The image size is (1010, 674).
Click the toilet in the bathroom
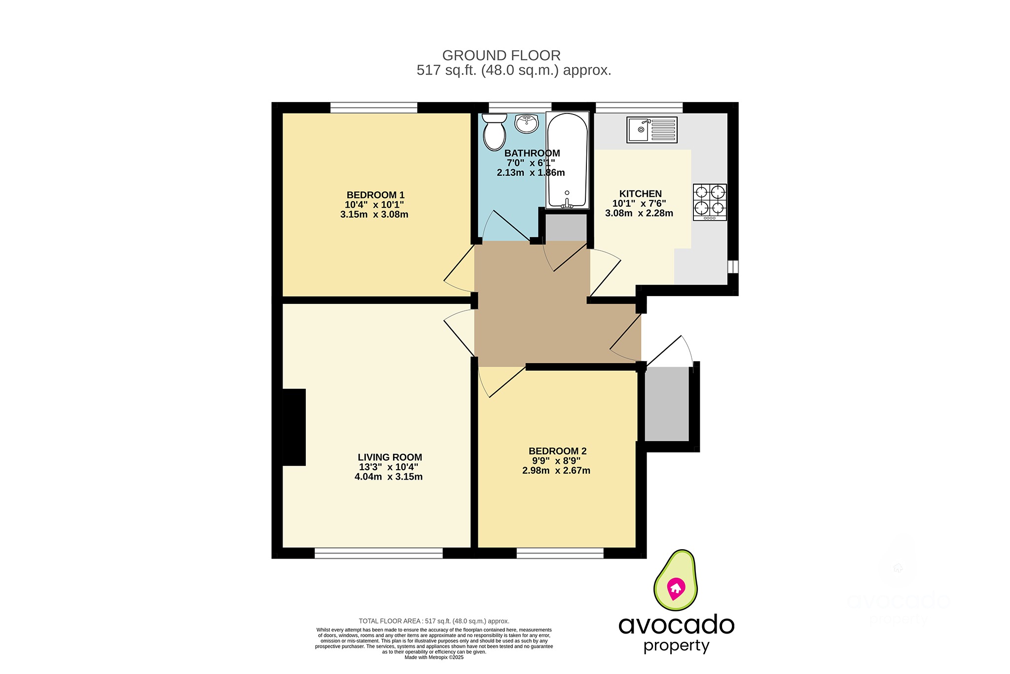[x=494, y=133]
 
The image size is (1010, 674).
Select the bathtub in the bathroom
[x=567, y=160]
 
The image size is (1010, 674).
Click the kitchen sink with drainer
[x=651, y=130]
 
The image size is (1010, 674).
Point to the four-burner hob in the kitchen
[x=710, y=202]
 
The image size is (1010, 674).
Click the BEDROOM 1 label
[x=375, y=195]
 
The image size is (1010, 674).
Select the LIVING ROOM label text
[x=390, y=457]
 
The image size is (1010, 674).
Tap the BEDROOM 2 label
[x=557, y=451]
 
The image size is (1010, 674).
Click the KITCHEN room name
[x=640, y=194]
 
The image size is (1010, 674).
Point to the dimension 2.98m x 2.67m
[x=556, y=471]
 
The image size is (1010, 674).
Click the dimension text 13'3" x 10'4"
[x=389, y=467]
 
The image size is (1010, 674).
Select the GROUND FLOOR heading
[x=501, y=55]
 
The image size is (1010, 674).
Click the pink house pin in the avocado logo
[x=676, y=588]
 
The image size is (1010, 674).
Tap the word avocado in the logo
[x=676, y=625]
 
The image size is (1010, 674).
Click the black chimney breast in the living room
[x=294, y=427]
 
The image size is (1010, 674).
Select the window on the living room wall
[x=378, y=554]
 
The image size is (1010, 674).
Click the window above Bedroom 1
[x=373, y=107]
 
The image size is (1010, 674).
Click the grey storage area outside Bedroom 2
[x=667, y=404]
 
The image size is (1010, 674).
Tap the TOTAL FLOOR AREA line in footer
[x=433, y=621]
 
